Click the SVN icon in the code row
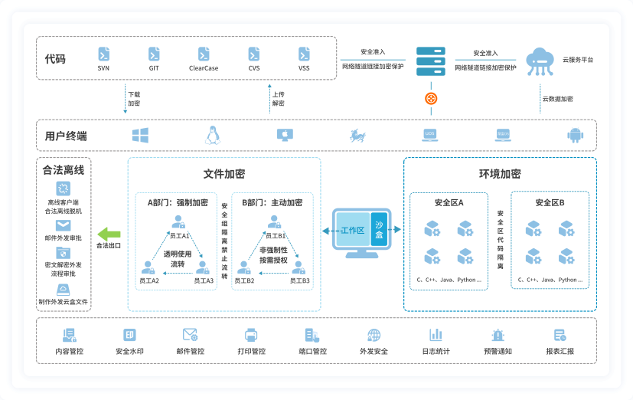pos(103,54)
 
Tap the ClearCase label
pos(204,68)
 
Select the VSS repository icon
pos(304,54)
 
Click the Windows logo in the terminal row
pos(140,135)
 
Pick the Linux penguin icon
pos(212,135)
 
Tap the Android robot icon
pos(575,135)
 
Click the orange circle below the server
pos(430,98)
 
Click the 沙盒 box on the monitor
pos(380,230)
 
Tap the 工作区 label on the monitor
pos(352,230)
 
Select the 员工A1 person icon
pos(178,222)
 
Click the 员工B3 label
pos(299,281)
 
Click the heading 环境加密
pos(500,174)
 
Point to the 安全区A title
pos(449,203)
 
